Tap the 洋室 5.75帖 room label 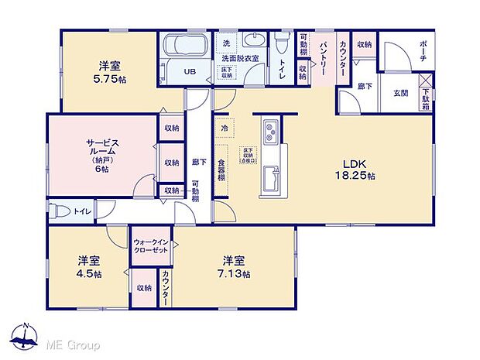point(108,74)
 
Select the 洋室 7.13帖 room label point(235,267)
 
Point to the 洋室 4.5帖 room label point(89,267)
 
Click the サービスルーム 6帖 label point(102,154)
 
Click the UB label point(189,72)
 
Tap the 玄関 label point(401,93)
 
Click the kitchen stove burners point(270,132)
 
